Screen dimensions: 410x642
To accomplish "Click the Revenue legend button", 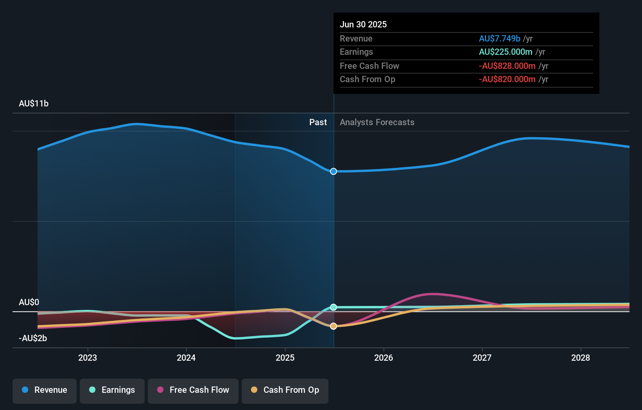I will (45, 390).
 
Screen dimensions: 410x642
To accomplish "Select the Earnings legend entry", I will (112, 390).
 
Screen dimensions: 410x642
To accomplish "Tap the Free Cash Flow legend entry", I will (193, 390).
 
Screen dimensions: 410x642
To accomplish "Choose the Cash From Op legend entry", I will (285, 390).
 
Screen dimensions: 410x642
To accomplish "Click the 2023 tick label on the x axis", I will (88, 358).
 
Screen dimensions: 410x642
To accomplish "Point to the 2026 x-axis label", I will (384, 358).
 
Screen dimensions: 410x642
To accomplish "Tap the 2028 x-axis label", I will (581, 358).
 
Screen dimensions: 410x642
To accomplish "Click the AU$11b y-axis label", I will (34, 104).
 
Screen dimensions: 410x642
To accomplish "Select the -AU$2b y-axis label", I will (33, 338).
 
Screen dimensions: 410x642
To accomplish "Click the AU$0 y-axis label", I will (29, 302).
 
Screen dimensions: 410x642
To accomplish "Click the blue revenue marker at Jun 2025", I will (334, 171).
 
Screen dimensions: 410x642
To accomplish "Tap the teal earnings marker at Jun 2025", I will (334, 307).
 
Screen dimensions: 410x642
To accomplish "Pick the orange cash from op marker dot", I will (334, 326).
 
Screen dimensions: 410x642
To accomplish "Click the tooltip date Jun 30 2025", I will (363, 25).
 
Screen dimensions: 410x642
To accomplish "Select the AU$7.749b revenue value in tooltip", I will (499, 39).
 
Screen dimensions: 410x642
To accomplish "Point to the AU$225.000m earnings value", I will (506, 52).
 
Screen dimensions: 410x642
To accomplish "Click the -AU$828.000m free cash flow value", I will (507, 66).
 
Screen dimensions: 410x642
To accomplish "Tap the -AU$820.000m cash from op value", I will (507, 79).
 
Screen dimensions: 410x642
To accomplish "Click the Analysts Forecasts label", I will (377, 122).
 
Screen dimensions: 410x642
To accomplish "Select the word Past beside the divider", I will (318, 122).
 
